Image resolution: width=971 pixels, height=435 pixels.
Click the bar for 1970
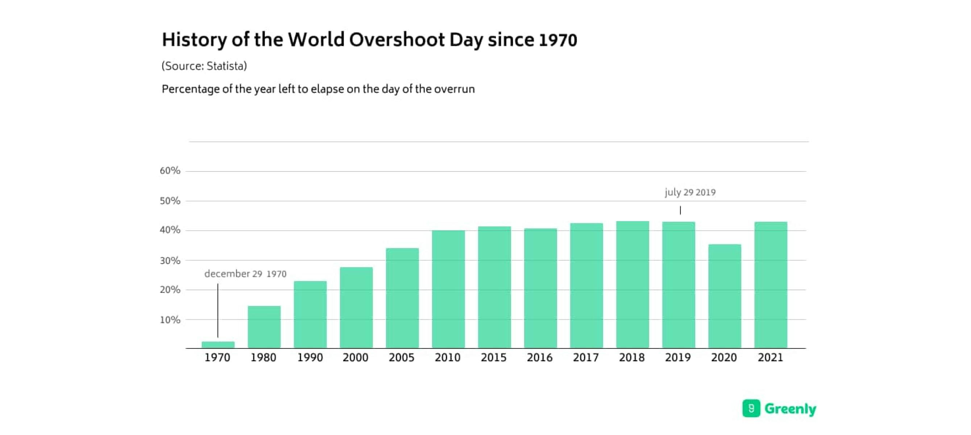click(x=218, y=344)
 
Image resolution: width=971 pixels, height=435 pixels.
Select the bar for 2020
click(x=725, y=296)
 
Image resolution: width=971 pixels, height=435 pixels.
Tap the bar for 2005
click(x=402, y=298)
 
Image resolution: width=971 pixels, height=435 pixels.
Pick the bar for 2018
click(x=632, y=285)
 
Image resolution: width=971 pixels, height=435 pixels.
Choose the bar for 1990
click(x=310, y=314)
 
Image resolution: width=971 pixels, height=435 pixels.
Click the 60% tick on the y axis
click(x=170, y=171)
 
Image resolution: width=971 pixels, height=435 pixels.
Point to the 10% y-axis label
click(x=170, y=320)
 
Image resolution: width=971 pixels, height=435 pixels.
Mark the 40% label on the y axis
click(x=170, y=230)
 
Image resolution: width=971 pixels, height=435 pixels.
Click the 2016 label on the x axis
click(x=540, y=357)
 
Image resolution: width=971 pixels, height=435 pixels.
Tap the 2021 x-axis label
click(x=771, y=357)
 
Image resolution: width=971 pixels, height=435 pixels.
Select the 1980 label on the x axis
click(x=264, y=357)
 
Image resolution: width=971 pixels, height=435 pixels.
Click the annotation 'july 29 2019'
click(x=690, y=192)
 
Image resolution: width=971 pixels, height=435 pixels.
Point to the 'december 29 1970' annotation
click(x=245, y=274)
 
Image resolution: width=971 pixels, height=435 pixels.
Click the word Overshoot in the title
click(x=397, y=40)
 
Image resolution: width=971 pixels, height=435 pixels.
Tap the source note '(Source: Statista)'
click(x=204, y=66)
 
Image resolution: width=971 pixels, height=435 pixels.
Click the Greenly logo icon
click(x=751, y=408)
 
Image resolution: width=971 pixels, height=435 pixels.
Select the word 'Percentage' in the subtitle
click(x=190, y=89)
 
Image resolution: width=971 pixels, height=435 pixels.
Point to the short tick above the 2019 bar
click(x=680, y=210)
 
